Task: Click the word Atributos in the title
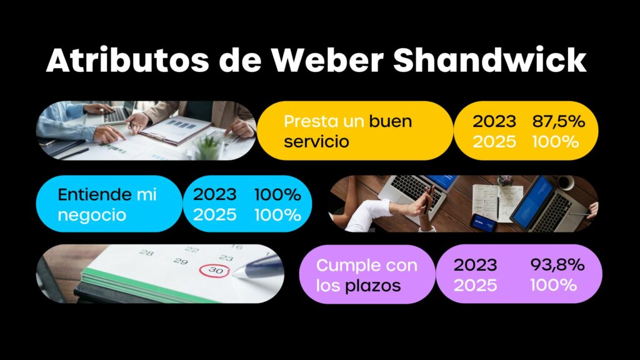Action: tap(127, 61)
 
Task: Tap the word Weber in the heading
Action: tap(327, 61)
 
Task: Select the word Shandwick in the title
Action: tap(490, 61)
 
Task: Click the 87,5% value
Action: tap(558, 121)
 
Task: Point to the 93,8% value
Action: tap(557, 265)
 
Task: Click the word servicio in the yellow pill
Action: tap(316, 142)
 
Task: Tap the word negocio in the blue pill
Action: tap(92, 215)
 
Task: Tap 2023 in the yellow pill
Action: tap(494, 121)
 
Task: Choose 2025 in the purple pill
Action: tap(475, 285)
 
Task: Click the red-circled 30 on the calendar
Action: tap(216, 270)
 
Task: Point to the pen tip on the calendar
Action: tap(234, 274)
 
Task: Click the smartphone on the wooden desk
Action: tap(484, 222)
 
